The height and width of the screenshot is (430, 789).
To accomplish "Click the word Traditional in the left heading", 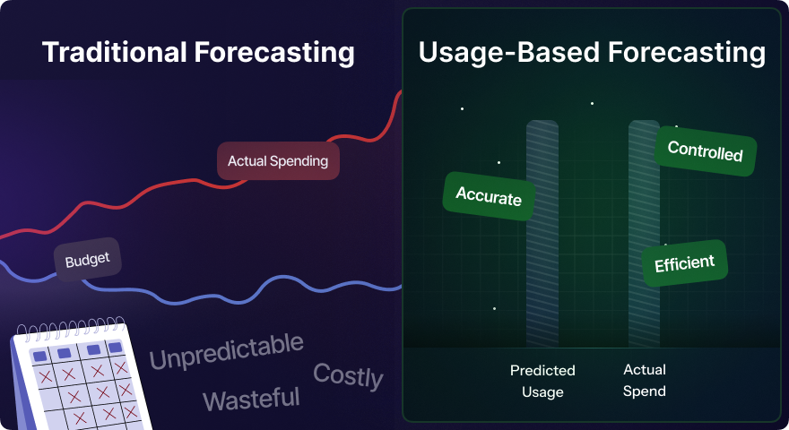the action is tap(114, 52).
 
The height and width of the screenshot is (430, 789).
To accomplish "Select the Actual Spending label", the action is tap(278, 161).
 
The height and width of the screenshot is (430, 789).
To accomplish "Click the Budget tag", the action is tap(88, 260).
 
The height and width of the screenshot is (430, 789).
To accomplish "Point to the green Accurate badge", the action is tap(488, 196).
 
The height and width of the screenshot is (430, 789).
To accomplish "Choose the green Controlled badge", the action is tap(705, 150).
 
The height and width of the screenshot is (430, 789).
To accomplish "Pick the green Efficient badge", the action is tap(684, 263).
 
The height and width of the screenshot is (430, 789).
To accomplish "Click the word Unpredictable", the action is tap(227, 351).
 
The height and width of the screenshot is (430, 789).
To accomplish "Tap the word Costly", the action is tap(348, 375).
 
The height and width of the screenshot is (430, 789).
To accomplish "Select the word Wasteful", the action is tap(251, 400).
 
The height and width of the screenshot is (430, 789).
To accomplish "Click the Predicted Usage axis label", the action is tap(542, 382).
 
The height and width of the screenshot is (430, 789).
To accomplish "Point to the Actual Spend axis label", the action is tap(645, 380).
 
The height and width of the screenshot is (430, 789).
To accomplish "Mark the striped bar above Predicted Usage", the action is tap(542, 233).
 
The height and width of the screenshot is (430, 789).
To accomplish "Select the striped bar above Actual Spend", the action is tap(644, 233).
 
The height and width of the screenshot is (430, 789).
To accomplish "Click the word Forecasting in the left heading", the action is tap(274, 52).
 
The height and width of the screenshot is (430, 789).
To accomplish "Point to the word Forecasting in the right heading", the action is tap(687, 52).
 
